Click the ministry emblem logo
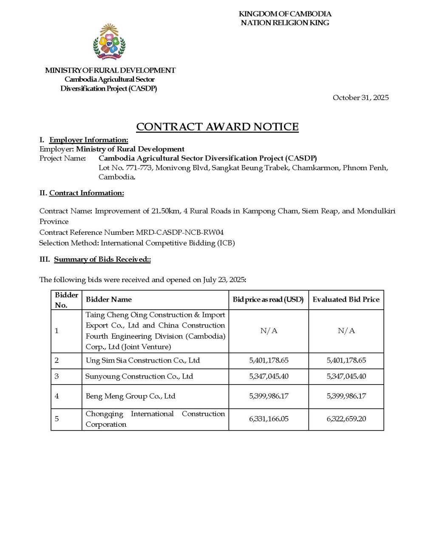(x=109, y=42)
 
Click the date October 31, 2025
(x=360, y=98)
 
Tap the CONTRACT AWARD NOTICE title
(x=217, y=127)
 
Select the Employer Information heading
(x=88, y=140)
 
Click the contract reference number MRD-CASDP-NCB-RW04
(x=179, y=232)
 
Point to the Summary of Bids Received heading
(x=102, y=260)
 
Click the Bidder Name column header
(x=109, y=299)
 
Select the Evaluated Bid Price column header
(x=346, y=299)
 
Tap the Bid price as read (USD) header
(x=268, y=299)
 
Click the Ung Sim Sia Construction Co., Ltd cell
(x=142, y=360)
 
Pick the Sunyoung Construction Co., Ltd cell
(x=139, y=376)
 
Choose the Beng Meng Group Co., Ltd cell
(x=130, y=396)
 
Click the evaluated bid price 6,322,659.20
(x=346, y=419)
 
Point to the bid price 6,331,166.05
(x=269, y=419)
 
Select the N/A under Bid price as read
(x=269, y=331)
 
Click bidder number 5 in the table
(x=57, y=419)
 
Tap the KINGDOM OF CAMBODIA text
(x=285, y=14)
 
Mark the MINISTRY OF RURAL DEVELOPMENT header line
(x=110, y=71)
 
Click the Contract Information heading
(x=86, y=193)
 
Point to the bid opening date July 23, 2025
(x=224, y=280)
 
